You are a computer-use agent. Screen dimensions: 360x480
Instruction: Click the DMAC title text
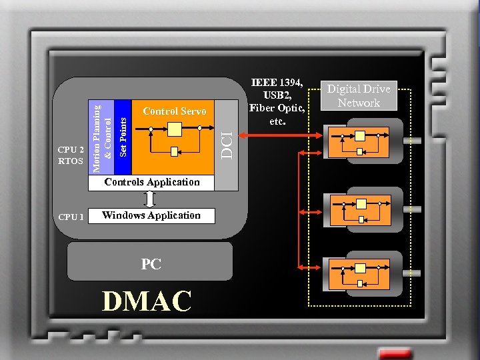[x=147, y=301]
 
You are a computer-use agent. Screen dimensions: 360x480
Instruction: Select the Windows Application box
[x=151, y=215]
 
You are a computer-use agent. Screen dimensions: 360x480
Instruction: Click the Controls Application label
[x=152, y=182]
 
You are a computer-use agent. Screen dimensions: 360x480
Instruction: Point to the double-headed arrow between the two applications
[x=151, y=199]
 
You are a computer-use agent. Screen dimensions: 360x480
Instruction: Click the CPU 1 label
[x=71, y=217]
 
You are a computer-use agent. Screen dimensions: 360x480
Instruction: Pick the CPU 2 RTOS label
[x=71, y=155]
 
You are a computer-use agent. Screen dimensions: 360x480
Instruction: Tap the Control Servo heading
[x=175, y=111]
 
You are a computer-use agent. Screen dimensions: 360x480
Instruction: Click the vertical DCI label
[x=228, y=145]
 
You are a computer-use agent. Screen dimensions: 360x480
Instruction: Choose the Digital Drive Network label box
[x=359, y=95]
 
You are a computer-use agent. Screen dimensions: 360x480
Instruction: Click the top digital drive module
[x=363, y=142]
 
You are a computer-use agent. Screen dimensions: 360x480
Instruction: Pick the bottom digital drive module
[x=363, y=273]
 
